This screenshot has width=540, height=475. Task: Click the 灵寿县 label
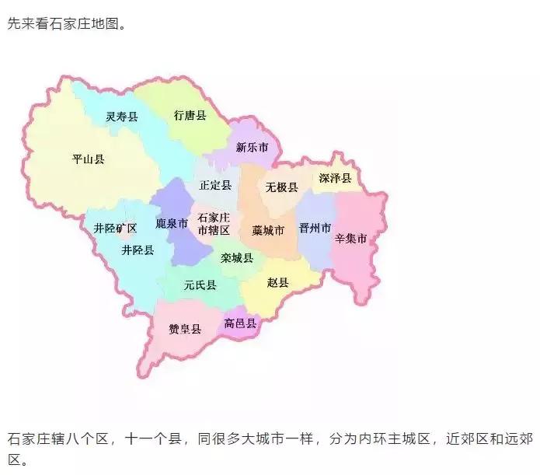click(122, 117)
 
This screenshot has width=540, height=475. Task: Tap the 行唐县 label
click(190, 116)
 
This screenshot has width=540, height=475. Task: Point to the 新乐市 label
click(252, 147)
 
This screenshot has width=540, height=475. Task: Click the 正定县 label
click(215, 185)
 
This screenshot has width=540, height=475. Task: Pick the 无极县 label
click(282, 187)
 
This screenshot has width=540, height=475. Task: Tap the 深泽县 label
click(336, 179)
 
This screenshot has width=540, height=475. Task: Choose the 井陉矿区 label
click(115, 229)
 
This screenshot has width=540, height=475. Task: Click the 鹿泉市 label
click(172, 224)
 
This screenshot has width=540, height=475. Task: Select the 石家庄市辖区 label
click(214, 224)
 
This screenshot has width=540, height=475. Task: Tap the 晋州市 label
click(315, 229)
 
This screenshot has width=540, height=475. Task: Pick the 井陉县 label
click(138, 250)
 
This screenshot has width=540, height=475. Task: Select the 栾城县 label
click(236, 258)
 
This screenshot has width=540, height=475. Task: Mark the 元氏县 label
click(200, 286)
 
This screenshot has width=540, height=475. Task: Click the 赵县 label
click(277, 283)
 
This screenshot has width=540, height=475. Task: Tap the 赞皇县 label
click(185, 329)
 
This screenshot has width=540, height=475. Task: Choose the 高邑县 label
click(240, 323)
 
